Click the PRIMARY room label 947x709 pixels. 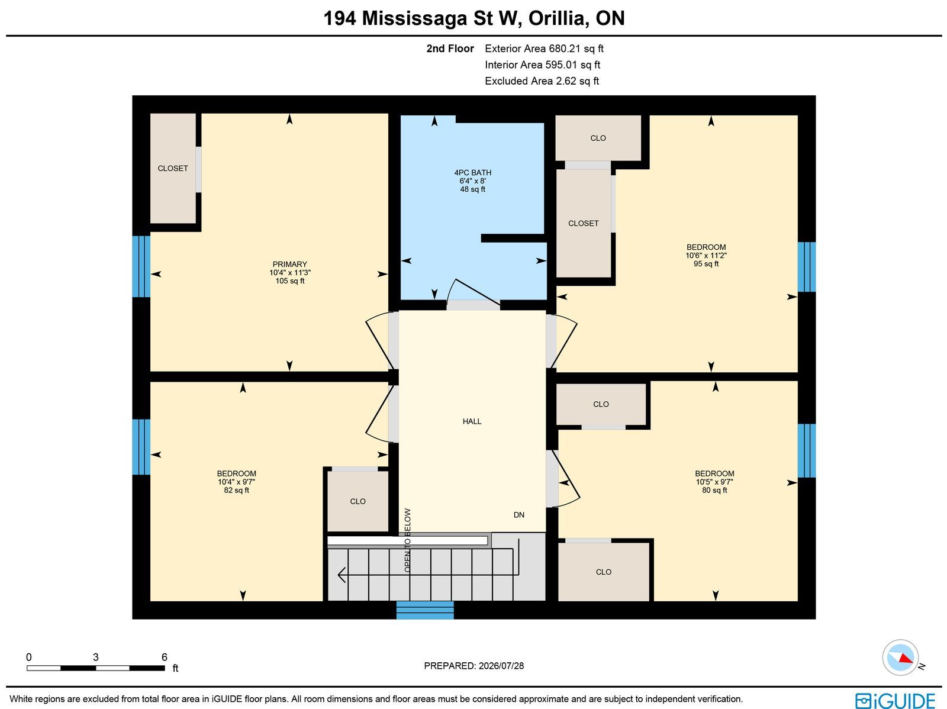point(289,265)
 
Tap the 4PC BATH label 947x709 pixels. point(472,172)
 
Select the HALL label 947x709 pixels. point(472,421)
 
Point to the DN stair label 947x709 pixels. point(518,515)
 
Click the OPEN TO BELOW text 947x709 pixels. point(408,540)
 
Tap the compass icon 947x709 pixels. point(900,658)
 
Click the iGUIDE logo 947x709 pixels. point(896,701)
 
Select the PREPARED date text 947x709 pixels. point(474,666)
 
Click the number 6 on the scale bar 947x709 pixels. point(165,658)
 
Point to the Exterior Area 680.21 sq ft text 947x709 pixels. point(544,49)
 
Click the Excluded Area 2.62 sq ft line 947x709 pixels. point(542,81)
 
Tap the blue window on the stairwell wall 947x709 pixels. point(425,610)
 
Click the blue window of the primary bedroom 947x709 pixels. point(141,266)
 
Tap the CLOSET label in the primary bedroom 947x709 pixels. point(173,169)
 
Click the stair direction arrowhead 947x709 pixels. point(342,575)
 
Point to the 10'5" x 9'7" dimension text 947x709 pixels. point(714,482)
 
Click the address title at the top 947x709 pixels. point(474,18)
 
